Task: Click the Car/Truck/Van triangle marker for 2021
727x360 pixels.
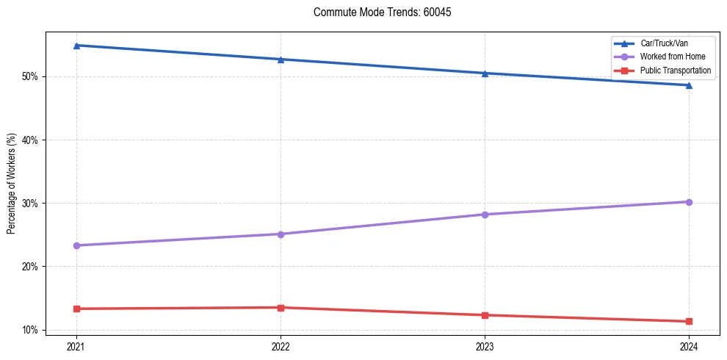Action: click(76, 46)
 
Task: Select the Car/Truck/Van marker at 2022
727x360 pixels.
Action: click(281, 60)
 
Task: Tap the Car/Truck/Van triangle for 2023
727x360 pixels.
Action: click(485, 73)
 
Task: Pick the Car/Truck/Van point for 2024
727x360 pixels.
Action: click(689, 85)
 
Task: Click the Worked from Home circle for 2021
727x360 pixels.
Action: click(76, 245)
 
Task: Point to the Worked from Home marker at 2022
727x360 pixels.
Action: click(281, 234)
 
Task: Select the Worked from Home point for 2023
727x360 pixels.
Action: click(485, 215)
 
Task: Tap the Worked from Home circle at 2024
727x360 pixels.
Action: click(689, 202)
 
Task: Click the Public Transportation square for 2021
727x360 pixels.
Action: click(76, 309)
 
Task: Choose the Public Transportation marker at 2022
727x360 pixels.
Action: click(281, 308)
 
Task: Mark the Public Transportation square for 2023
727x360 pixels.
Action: click(485, 315)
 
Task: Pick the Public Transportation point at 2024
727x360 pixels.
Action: click(689, 321)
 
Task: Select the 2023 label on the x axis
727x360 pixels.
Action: click(485, 345)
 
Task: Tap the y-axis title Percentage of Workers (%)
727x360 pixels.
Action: click(12, 184)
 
